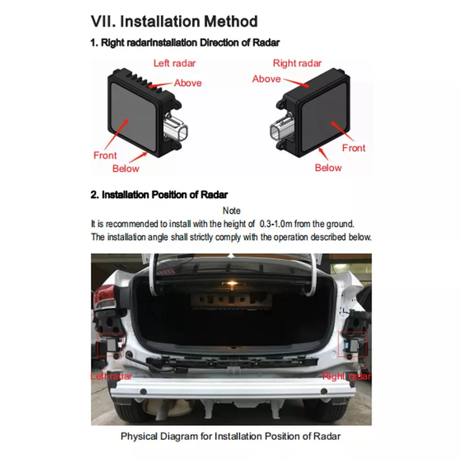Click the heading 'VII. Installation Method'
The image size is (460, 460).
pyautogui.click(x=174, y=22)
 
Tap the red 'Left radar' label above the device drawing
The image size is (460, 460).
pyautogui.click(x=175, y=63)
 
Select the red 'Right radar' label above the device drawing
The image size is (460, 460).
pyautogui.click(x=297, y=63)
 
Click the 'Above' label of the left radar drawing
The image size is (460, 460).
pyautogui.click(x=188, y=83)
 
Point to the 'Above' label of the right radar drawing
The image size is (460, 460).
pyautogui.click(x=267, y=79)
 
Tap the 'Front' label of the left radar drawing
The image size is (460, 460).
pyautogui.click(x=105, y=155)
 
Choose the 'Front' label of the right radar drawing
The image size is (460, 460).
pyautogui.click(x=354, y=148)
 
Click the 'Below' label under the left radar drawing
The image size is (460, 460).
pyautogui.click(x=126, y=169)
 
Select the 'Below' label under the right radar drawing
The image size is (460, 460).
pyautogui.click(x=328, y=168)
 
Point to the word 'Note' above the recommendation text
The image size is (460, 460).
pyautogui.click(x=231, y=211)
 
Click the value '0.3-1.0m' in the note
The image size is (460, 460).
pyautogui.click(x=276, y=224)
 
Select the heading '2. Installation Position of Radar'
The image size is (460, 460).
pyautogui.click(x=159, y=195)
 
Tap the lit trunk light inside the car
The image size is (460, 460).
pyautogui.click(x=232, y=283)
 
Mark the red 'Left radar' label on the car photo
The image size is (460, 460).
pyautogui.click(x=111, y=376)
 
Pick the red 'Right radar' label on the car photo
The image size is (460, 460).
pyautogui.click(x=347, y=376)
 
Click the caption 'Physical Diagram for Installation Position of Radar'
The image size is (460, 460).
pyautogui.click(x=231, y=436)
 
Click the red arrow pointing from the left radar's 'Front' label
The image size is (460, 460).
pyautogui.click(x=116, y=134)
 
